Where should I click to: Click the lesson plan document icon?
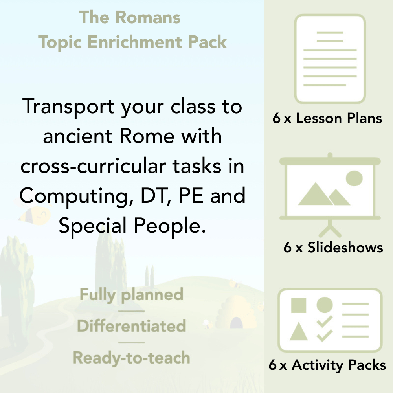[330, 59]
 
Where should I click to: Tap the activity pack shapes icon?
[330, 320]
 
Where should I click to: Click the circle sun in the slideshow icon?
[354, 178]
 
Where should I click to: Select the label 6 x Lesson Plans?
[327, 118]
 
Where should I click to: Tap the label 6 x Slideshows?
[333, 248]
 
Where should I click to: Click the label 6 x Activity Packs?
[327, 365]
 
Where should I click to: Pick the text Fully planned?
[132, 295]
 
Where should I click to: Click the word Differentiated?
[132, 326]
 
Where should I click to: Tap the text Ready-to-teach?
[132, 358]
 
